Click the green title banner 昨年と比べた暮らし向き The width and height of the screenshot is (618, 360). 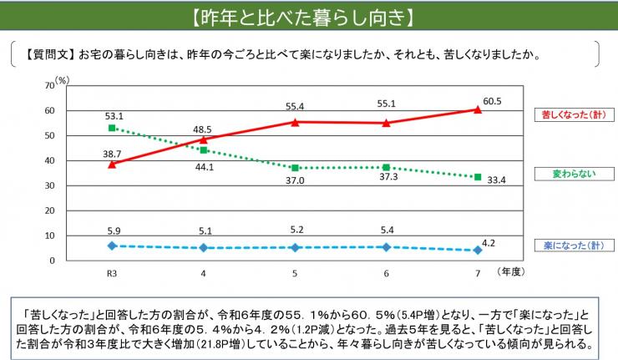coord(309,17)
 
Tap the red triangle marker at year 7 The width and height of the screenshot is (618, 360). coord(477,109)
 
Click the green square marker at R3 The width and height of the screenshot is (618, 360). coord(111,128)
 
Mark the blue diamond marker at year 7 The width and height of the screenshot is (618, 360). coord(477,250)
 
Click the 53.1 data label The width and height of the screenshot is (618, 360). coord(114,116)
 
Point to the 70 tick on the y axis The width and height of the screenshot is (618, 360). coord(49,87)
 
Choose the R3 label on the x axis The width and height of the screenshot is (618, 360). coord(111,273)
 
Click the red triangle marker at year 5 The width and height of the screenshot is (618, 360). coord(294,122)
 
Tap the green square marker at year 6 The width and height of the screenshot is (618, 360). coord(386,167)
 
